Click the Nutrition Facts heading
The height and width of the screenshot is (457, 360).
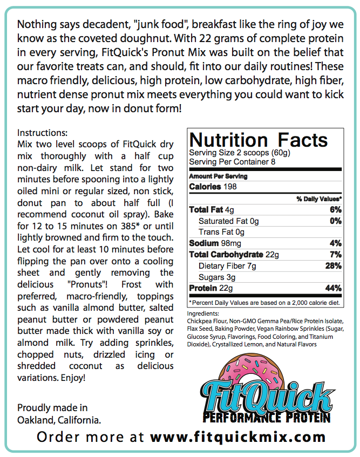259,140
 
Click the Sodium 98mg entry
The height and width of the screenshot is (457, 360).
214,243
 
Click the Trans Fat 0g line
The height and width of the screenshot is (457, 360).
221,232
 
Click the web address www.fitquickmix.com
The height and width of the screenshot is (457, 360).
238,436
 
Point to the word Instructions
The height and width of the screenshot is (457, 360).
42,133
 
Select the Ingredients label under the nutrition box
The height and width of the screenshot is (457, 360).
203,313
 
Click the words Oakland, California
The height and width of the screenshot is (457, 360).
59,420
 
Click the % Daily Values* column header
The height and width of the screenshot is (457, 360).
319,199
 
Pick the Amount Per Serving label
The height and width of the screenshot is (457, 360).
218,176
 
